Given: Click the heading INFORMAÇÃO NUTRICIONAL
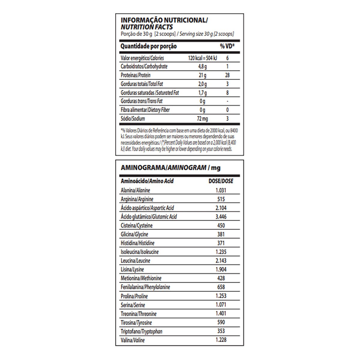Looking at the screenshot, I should point(164,20).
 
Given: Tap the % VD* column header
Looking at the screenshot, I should point(227,46).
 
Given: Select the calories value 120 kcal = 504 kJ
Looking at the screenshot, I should point(202,58).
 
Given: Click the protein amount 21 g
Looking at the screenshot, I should point(202,75).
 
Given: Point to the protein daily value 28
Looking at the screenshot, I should point(227,75).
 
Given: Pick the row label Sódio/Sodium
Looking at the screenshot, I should point(133,119).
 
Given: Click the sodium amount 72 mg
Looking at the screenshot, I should point(202,119).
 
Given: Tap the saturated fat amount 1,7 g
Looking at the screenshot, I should point(202,93).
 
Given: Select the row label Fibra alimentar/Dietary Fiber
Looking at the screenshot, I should point(145,110).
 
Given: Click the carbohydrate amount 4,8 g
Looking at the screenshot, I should point(202,67).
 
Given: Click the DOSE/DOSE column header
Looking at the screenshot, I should point(221,181).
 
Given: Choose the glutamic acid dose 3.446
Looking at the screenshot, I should point(221,217).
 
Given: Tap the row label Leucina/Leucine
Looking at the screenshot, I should point(135,261).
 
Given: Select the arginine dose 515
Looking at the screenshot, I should point(221,199).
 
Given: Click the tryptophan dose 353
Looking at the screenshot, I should point(221,331).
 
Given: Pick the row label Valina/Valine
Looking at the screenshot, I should point(133,340).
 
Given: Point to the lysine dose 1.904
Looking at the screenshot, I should point(221,269).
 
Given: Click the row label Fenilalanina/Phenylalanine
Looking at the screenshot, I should point(145,287).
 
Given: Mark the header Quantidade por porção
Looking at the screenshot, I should point(148,46).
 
